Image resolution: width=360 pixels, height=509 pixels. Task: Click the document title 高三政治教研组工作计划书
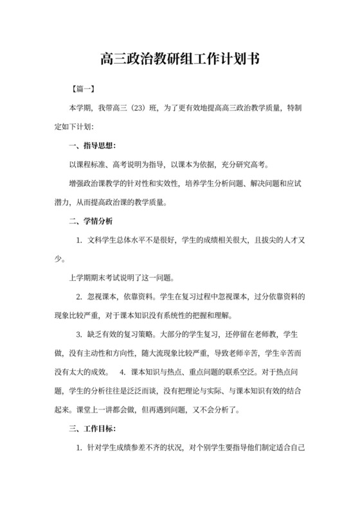click(180, 60)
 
